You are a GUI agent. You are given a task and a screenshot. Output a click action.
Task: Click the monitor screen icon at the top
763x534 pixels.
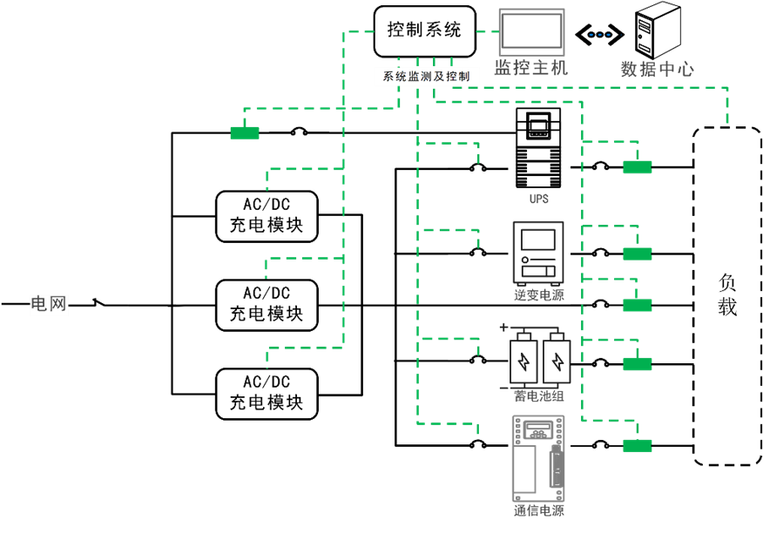point(531,31)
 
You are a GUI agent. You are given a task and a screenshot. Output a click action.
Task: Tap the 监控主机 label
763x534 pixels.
point(531,68)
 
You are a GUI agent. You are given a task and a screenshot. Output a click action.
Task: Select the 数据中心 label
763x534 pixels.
point(657,69)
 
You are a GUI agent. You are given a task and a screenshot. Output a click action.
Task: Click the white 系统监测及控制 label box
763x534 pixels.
point(427,77)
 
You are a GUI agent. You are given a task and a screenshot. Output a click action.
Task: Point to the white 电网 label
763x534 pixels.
point(49,304)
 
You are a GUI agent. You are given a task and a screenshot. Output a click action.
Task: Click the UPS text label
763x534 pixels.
point(539,199)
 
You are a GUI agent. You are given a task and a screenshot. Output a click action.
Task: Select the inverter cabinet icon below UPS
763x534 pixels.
point(538,253)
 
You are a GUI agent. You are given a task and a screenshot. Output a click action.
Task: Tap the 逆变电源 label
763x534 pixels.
point(539,295)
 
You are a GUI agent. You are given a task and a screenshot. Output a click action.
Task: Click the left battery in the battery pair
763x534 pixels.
point(523,361)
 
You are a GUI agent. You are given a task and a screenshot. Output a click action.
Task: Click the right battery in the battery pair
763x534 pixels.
point(557,361)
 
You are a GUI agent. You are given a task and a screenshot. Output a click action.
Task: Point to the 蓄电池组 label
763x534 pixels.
point(539,396)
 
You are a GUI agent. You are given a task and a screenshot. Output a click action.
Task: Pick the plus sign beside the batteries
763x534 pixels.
point(503,328)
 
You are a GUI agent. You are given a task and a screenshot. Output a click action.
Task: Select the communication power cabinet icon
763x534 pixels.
point(538,458)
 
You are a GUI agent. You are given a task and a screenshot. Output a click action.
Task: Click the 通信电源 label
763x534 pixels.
point(539,510)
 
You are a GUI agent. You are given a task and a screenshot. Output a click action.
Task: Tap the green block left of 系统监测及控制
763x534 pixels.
point(245,133)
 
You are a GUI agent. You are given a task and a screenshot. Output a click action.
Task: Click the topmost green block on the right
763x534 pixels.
point(638,167)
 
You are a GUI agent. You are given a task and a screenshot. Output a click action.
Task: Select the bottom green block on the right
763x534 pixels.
point(638,446)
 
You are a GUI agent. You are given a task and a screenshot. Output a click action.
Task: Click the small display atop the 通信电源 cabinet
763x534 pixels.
point(538,429)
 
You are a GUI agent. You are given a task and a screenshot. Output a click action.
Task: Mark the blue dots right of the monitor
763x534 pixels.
point(600,35)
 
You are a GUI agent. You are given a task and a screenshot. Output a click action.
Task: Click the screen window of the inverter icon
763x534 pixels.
point(538,240)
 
